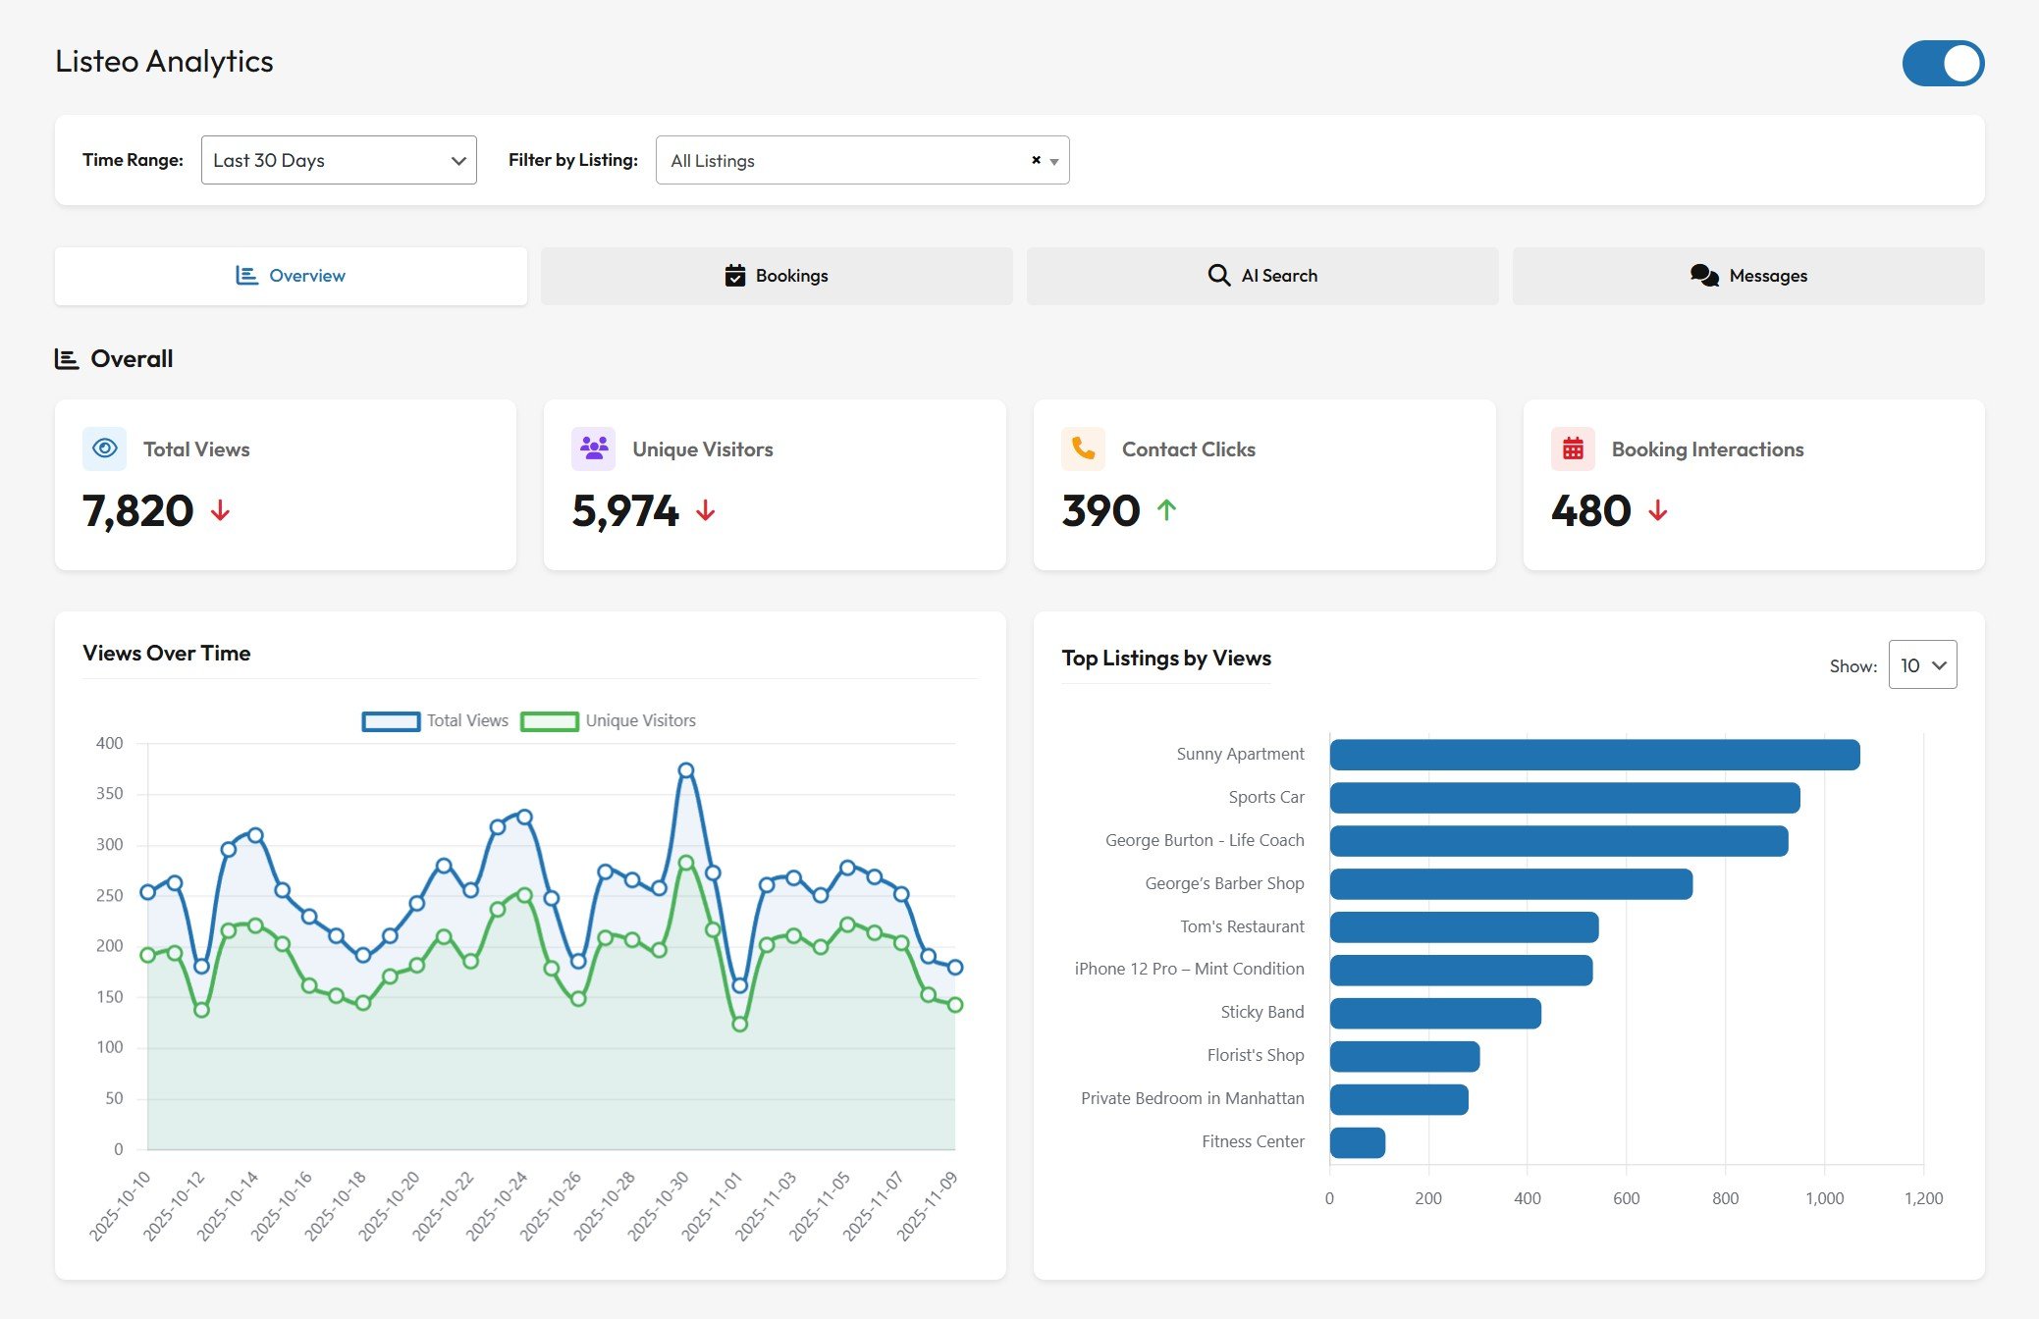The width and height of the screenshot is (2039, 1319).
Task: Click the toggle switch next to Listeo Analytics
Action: [x=1942, y=64]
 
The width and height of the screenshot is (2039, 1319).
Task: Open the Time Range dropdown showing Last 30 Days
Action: [x=339, y=160]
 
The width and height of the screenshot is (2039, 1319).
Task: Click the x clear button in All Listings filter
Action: [x=1036, y=160]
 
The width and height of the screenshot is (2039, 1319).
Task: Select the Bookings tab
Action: [x=776, y=276]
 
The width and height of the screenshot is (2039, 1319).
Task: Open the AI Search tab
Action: [x=1261, y=276]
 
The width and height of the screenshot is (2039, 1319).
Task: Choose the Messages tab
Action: [x=1747, y=276]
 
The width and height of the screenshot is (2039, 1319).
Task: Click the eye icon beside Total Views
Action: [x=104, y=448]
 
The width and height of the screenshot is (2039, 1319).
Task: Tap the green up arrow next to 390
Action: [x=1166, y=510]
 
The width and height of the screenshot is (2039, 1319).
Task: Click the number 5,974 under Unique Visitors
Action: [x=625, y=511]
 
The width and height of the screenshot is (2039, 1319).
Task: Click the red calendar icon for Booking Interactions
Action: [x=1573, y=448]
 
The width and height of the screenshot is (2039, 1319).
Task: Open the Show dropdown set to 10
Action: [x=1921, y=665]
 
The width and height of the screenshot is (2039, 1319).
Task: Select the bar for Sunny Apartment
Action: [x=1593, y=755]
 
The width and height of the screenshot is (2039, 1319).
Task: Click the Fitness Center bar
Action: [x=1357, y=1142]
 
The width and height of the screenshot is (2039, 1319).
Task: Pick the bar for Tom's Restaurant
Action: [x=1463, y=927]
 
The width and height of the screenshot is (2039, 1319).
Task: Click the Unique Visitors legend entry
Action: [x=609, y=721]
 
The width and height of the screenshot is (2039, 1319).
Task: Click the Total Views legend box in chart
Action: [x=392, y=721]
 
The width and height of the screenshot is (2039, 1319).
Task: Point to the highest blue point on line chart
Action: [x=686, y=771]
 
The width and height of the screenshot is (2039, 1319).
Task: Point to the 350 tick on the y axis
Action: [x=110, y=793]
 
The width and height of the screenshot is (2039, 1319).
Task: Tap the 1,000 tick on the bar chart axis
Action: [x=1824, y=1198]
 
